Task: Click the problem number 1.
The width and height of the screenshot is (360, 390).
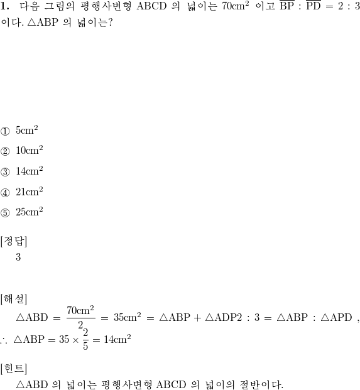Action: click(5, 6)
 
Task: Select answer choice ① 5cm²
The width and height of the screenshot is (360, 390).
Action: click(19, 131)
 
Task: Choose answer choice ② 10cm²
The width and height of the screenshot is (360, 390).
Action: click(21, 151)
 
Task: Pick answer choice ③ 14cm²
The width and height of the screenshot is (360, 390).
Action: click(21, 171)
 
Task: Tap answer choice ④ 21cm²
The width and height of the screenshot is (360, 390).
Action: click(21, 192)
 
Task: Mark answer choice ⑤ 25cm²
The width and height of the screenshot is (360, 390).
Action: click(21, 212)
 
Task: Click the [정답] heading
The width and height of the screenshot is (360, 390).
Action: click(14, 241)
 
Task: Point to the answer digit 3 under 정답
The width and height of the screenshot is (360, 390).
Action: click(18, 257)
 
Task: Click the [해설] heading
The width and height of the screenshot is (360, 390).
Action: click(14, 299)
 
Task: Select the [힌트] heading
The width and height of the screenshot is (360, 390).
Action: click(14, 369)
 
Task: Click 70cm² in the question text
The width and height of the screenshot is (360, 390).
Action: click(236, 6)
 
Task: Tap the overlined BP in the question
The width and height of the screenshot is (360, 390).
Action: click(287, 6)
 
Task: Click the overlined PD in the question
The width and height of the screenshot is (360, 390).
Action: click(314, 6)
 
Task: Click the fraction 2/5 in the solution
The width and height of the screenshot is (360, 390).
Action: click(85, 339)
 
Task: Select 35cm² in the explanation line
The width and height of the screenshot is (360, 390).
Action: click(128, 317)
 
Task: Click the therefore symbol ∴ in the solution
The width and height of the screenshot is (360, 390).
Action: click(4, 341)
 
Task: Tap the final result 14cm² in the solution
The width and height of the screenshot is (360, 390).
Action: click(117, 339)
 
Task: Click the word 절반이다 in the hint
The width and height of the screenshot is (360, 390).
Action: click(261, 384)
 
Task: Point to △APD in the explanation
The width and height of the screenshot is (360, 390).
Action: click(336, 317)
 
